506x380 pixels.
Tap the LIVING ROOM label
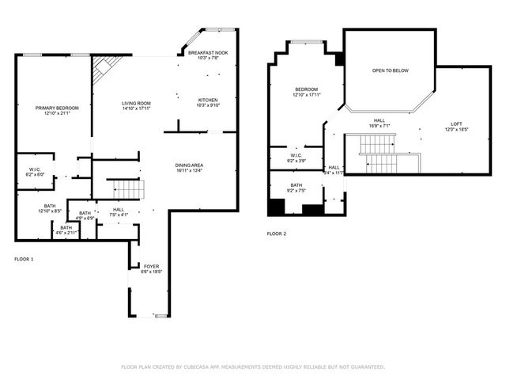[x=136, y=103]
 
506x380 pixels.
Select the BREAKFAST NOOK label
[x=208, y=52]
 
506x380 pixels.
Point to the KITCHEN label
[x=208, y=100]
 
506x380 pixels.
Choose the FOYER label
[x=151, y=266]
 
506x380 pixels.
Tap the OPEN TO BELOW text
[x=390, y=70]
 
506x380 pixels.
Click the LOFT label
[x=456, y=123]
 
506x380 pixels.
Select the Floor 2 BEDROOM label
[x=307, y=89]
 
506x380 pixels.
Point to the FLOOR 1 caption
[x=25, y=259]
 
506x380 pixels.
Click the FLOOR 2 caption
[x=277, y=234]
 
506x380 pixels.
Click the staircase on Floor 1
[x=126, y=189]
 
